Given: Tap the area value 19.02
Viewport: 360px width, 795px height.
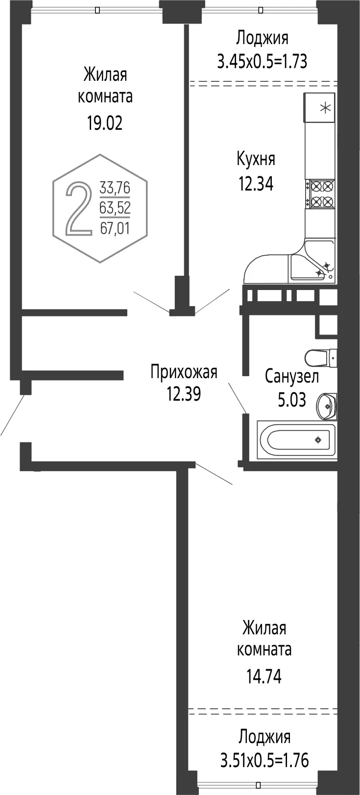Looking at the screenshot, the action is pos(105,123).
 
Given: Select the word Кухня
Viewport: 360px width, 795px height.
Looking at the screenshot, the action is pos(256,160).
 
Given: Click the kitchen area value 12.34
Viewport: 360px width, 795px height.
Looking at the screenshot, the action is pos(256,184).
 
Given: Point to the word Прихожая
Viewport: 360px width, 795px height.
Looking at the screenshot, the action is pos(184,372).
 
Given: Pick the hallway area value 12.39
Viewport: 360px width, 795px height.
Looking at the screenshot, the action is pos(184,394).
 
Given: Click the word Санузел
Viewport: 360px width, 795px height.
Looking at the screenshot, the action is pos(292,377).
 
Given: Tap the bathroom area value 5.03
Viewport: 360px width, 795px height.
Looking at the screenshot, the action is pos(292,400).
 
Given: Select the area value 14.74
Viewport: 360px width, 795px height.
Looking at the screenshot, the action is pos(264,676).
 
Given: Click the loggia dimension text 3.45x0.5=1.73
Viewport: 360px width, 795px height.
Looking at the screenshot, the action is pos(262,61).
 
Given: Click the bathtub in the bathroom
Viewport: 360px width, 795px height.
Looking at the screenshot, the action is pos(296,440).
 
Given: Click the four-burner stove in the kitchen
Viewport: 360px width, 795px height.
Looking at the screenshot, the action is pos(321,193).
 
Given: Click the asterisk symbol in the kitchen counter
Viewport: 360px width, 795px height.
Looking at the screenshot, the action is pos(325,108).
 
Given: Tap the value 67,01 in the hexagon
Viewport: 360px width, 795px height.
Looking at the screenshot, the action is pos(115,228).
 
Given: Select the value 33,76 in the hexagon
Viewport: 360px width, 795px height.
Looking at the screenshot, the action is pos(115,188).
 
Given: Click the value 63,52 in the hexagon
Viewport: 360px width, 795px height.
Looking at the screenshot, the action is pos(115,207).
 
